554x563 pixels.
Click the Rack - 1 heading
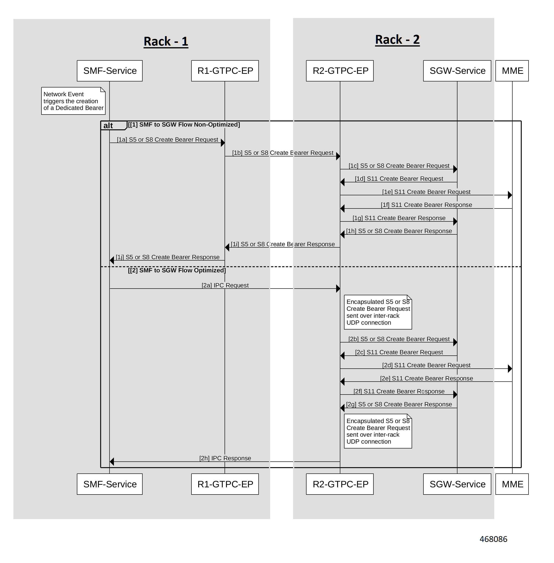(x=166, y=41)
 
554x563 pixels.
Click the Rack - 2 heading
(x=397, y=40)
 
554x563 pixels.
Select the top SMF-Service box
(x=110, y=71)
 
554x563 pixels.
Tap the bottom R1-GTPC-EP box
(x=225, y=484)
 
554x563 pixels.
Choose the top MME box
(x=512, y=71)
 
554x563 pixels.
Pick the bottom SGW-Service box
(x=457, y=484)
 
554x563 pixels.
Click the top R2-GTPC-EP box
(x=340, y=71)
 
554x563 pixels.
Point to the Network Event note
(x=73, y=101)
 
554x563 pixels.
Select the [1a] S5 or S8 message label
(x=168, y=140)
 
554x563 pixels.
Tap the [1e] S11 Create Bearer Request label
(x=426, y=192)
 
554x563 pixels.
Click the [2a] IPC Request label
(x=225, y=285)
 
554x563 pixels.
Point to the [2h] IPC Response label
(x=225, y=458)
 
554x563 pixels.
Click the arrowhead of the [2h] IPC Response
(x=112, y=461)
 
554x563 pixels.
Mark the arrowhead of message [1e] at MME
(x=510, y=195)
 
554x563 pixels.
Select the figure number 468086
(x=494, y=539)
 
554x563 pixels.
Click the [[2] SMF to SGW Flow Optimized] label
(x=177, y=271)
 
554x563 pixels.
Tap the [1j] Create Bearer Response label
(x=168, y=257)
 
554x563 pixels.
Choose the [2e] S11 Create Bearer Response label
(x=427, y=378)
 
